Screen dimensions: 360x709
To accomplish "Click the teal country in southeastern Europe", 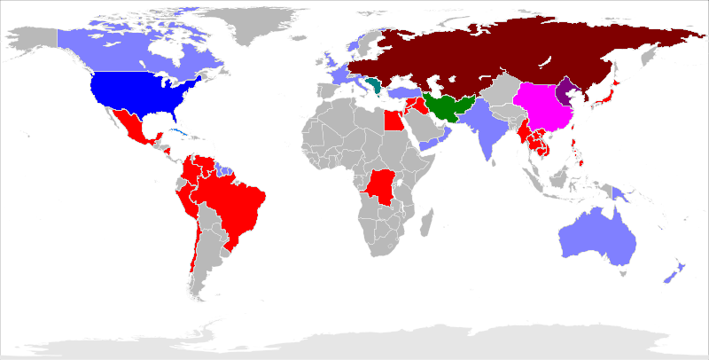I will pos(378,86).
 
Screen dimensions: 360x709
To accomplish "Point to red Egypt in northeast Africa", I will pos(393,119).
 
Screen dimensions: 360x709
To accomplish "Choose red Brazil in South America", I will pos(232,200).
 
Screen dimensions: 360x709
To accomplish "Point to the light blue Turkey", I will pos(402,92).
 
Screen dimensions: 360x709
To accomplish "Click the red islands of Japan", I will pos(606,97).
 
